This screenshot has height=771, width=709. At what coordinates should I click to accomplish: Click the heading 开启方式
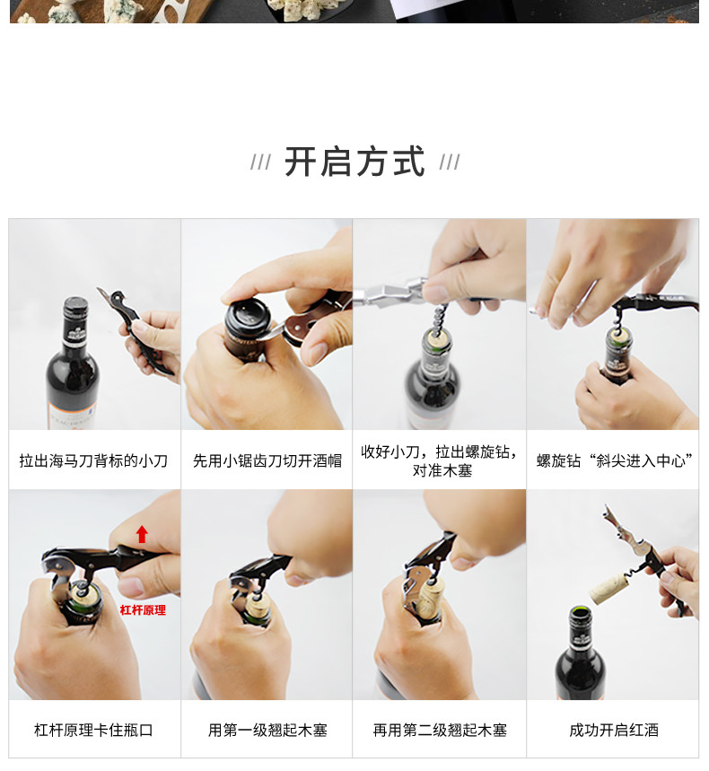(354, 162)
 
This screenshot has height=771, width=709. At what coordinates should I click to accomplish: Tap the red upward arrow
(142, 534)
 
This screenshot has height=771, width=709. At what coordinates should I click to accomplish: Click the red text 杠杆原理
(143, 610)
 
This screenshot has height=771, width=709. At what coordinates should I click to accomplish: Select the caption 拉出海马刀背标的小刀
(93, 460)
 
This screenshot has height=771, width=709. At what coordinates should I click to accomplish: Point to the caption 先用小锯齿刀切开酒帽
(267, 460)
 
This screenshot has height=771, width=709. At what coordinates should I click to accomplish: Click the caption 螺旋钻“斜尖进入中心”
(614, 460)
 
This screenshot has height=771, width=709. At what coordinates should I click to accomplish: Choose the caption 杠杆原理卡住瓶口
(93, 730)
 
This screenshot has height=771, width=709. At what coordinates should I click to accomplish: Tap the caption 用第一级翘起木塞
(267, 730)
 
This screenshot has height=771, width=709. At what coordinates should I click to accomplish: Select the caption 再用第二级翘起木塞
(440, 730)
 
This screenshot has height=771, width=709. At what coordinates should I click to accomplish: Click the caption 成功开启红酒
(614, 730)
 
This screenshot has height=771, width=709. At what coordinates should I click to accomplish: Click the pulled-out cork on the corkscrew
(608, 589)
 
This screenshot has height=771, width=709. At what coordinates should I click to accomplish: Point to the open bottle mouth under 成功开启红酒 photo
(580, 613)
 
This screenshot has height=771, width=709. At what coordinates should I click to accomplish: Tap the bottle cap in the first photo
(75, 306)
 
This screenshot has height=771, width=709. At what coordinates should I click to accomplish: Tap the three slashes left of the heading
(260, 162)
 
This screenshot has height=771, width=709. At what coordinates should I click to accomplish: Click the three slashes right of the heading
(450, 162)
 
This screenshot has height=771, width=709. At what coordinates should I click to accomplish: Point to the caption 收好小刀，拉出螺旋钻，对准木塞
(440, 460)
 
